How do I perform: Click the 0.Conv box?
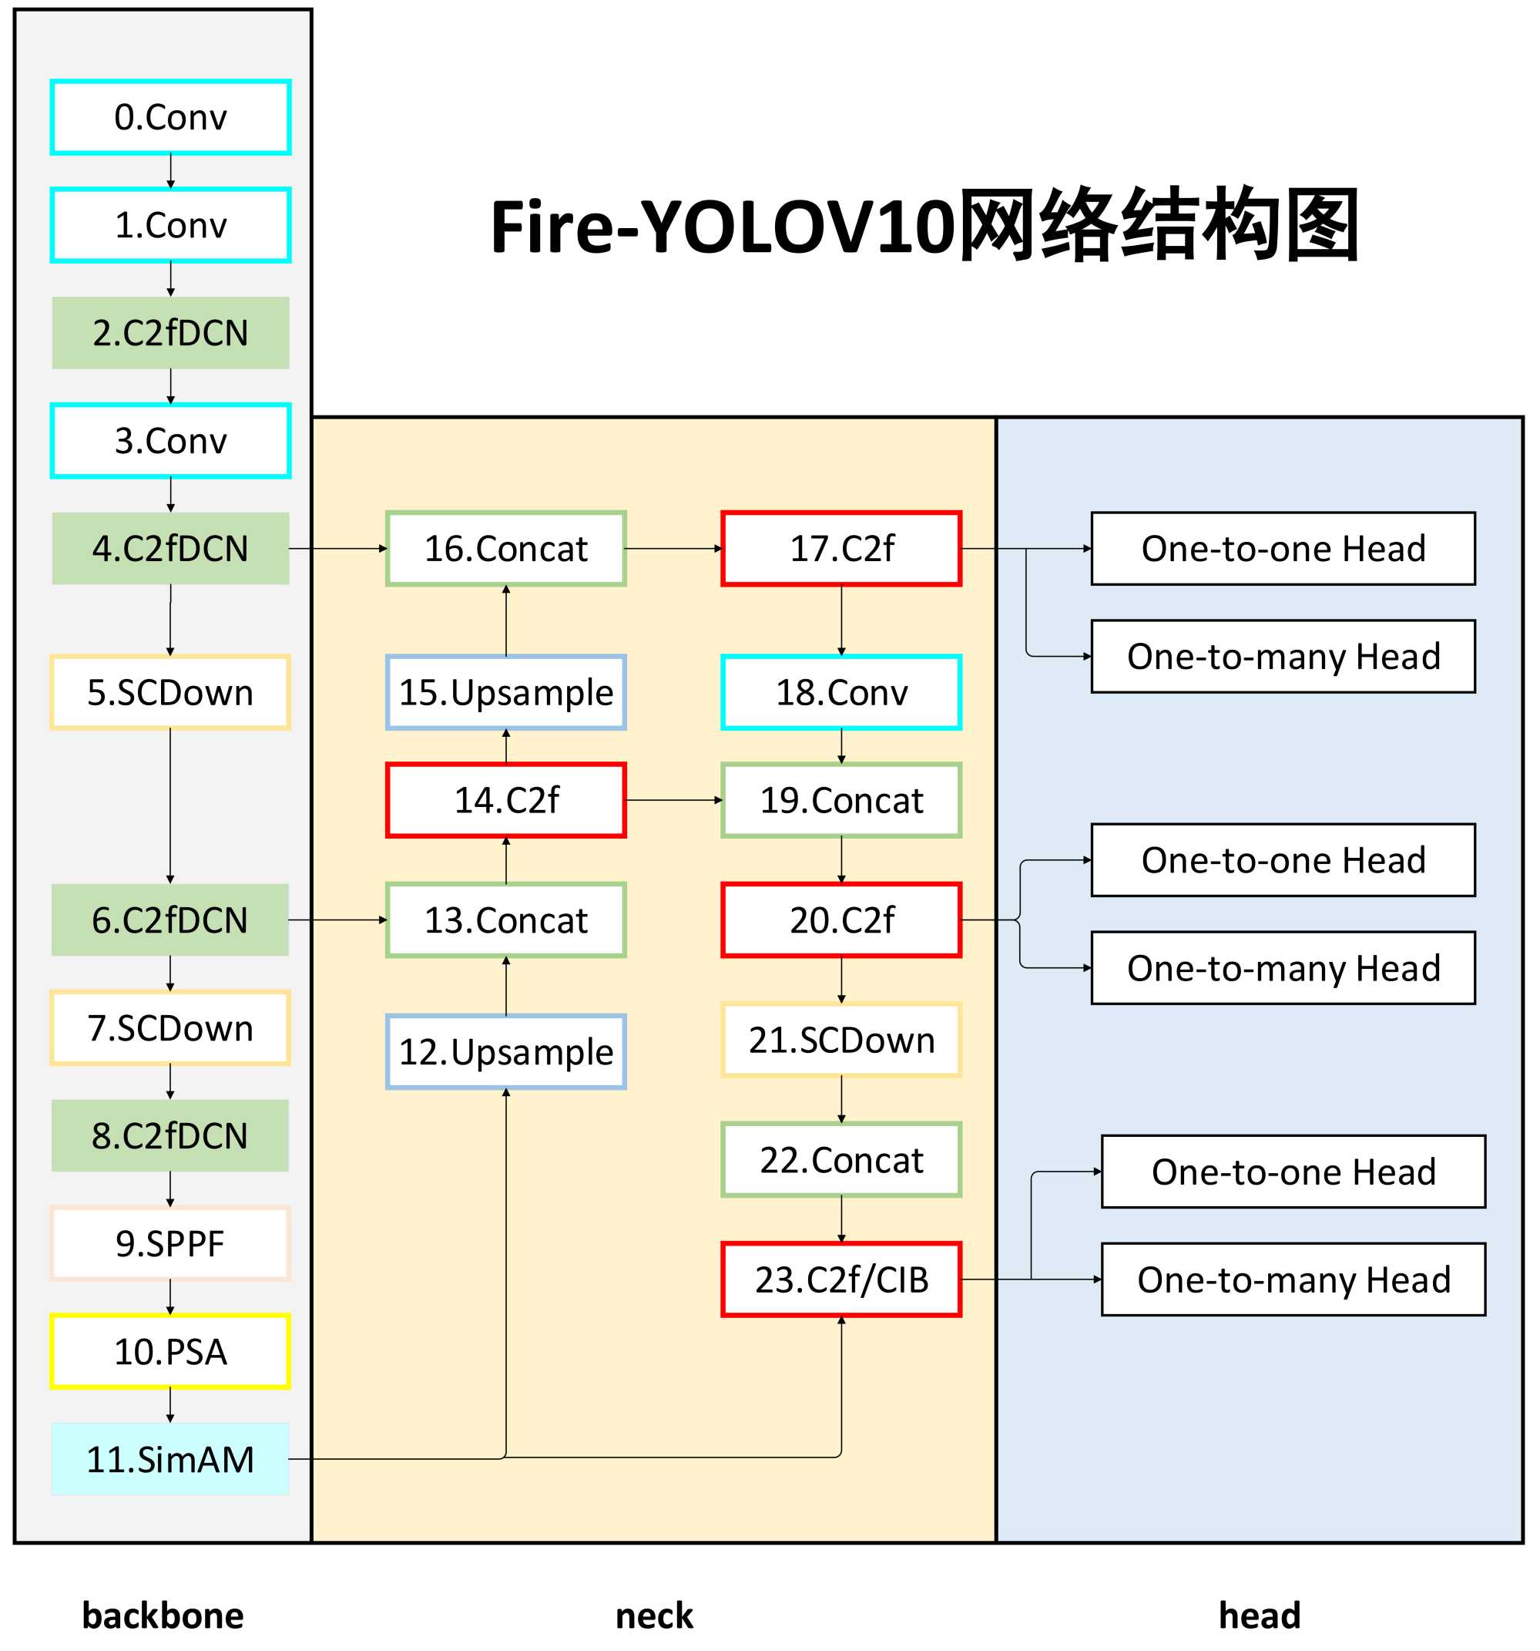tap(170, 117)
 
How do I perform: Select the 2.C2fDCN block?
tap(170, 332)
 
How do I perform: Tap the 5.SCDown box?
tap(170, 692)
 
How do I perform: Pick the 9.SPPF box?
tap(170, 1243)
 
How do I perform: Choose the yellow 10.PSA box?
tap(170, 1351)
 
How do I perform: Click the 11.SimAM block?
tap(170, 1459)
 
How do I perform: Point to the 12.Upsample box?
tap(505, 1051)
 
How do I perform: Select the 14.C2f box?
tap(505, 800)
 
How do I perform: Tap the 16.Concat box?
tap(505, 548)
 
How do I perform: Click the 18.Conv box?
tap(841, 692)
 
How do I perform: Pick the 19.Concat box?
tap(841, 800)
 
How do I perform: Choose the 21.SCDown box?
tap(841, 1040)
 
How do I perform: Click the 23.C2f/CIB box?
tap(841, 1279)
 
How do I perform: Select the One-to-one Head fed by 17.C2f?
tap(1283, 548)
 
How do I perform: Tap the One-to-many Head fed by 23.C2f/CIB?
tap(1293, 1279)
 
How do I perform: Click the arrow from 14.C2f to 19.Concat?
tap(673, 800)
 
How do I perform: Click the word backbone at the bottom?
tap(163, 1616)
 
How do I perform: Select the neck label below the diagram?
tap(654, 1616)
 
